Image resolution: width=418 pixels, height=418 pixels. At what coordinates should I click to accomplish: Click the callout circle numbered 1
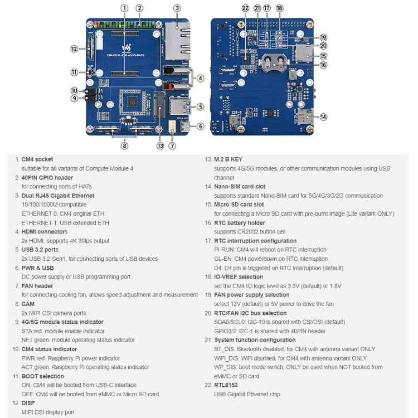coord(124,8)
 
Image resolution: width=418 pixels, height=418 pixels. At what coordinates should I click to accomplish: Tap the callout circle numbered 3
coord(177,8)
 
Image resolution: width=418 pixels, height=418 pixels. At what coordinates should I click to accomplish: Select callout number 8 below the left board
coord(124,145)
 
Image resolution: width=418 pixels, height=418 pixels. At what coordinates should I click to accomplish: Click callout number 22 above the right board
coord(246,8)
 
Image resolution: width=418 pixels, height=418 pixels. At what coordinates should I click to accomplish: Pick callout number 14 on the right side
coord(323,116)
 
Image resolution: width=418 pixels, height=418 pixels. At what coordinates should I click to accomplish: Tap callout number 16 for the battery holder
coord(323,65)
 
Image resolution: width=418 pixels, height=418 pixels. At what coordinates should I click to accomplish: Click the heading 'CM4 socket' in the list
coord(37,159)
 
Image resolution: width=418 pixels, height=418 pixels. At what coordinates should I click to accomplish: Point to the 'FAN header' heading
coord(38,286)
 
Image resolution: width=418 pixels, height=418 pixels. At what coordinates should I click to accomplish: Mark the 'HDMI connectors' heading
coord(44,232)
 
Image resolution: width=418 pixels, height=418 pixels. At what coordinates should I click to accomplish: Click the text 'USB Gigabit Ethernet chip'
coord(247,394)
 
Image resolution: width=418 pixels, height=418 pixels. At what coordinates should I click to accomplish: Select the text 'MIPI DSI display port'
coord(48,412)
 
